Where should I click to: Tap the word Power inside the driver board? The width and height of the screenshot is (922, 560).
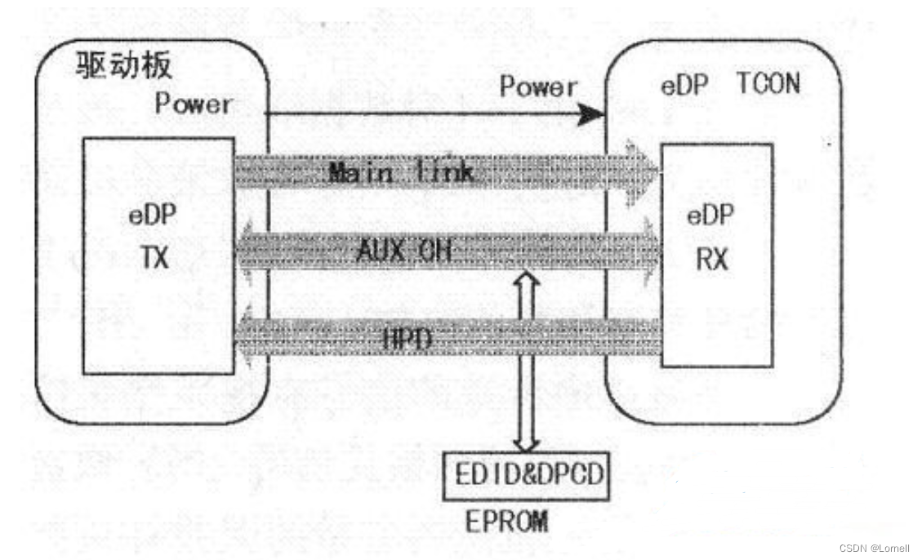pos(193,104)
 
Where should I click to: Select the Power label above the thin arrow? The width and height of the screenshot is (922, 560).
pos(538,86)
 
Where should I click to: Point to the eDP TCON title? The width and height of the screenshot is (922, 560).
pos(729,84)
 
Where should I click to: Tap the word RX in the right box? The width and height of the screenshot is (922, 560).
pos(710,260)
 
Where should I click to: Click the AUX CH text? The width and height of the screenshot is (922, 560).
pos(403,251)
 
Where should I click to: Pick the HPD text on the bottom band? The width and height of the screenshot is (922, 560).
pos(406,338)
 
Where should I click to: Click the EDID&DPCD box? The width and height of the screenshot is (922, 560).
pos(525,474)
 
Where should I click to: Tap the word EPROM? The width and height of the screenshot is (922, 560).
pos(506,522)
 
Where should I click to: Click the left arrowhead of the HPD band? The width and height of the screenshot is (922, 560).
pos(242,336)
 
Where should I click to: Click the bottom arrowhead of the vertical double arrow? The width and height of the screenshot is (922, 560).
pos(526,444)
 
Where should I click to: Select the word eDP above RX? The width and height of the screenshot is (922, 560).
pos(710,216)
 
